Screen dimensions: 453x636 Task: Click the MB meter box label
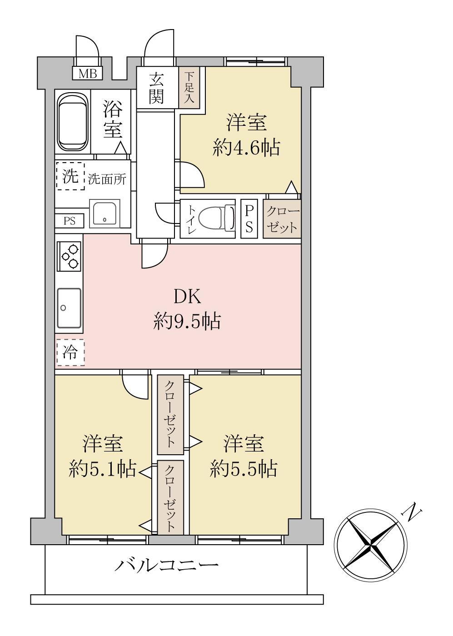pyautogui.click(x=88, y=74)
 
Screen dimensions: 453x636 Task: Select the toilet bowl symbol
pyautogui.click(x=217, y=219)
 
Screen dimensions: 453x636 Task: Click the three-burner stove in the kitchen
pyautogui.click(x=70, y=256)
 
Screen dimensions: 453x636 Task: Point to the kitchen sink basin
pyautogui.click(x=69, y=308)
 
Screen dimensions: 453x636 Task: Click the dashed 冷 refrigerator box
pyautogui.click(x=70, y=353)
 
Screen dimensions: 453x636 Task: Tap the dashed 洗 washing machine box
pyautogui.click(x=70, y=176)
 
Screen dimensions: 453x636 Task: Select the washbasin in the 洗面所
pyautogui.click(x=105, y=214)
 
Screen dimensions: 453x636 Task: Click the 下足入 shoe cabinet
pyautogui.click(x=189, y=87)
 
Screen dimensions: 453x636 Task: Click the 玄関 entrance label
pyautogui.click(x=156, y=88)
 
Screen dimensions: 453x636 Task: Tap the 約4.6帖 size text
pyautogui.click(x=246, y=148)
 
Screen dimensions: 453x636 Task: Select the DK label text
pyautogui.click(x=187, y=297)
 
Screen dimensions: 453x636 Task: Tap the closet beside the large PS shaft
pyautogui.click(x=282, y=219)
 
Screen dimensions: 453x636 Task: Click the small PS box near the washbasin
pyautogui.click(x=70, y=221)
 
